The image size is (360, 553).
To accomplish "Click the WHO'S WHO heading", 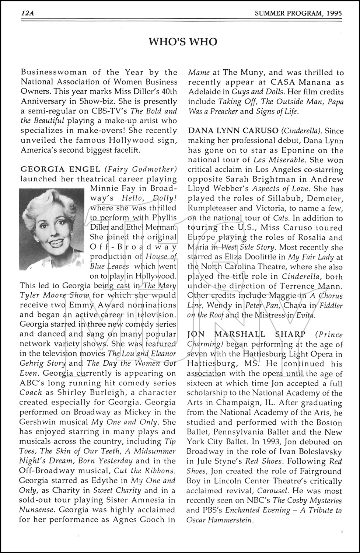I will coord(182,42).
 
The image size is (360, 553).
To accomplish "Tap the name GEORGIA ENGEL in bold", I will coord(60,169).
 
